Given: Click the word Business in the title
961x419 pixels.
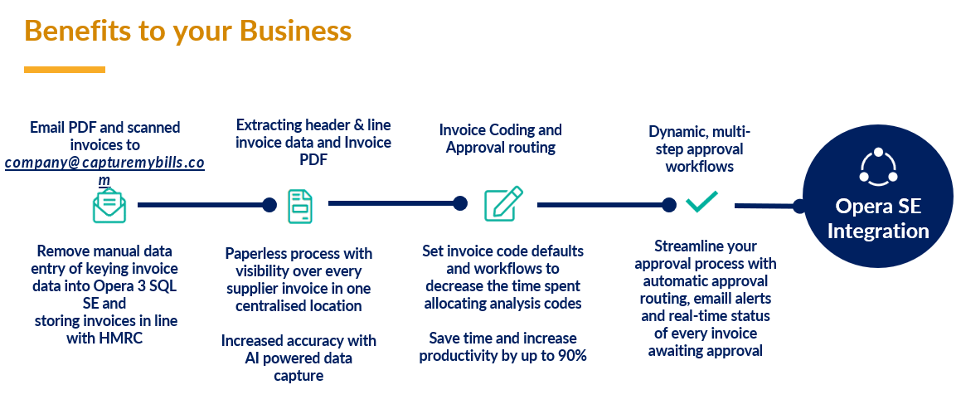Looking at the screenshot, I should pyautogui.click(x=295, y=31).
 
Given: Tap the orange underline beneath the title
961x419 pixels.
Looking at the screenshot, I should pyautogui.click(x=65, y=70).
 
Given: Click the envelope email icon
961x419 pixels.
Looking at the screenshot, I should pyautogui.click(x=109, y=205).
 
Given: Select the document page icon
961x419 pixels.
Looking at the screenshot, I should pyautogui.click(x=300, y=206).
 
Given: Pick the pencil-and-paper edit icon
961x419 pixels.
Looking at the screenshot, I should pyautogui.click(x=503, y=204).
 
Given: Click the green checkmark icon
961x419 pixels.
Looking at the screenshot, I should pyautogui.click(x=701, y=201).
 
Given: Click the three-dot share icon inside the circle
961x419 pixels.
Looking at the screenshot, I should pyautogui.click(x=878, y=167).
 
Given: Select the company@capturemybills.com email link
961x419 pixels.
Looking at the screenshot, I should pyautogui.click(x=104, y=163).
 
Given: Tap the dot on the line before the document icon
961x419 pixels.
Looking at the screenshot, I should pyautogui.click(x=269, y=205).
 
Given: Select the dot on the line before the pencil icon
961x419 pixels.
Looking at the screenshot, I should pyautogui.click(x=460, y=203).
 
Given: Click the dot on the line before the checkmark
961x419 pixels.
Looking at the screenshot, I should pyautogui.click(x=668, y=204).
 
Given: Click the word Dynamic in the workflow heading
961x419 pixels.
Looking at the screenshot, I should pyautogui.click(x=675, y=131).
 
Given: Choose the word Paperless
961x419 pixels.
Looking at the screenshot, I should pyautogui.click(x=255, y=253).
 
